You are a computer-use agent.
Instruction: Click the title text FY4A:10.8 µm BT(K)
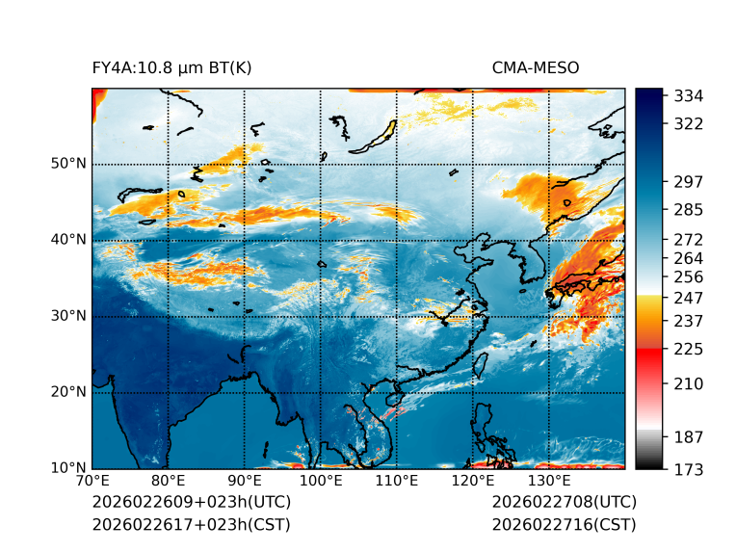point(171,67)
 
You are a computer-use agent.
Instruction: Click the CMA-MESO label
point(535,67)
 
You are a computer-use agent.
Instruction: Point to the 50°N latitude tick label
point(68,164)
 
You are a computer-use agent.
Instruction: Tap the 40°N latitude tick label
point(68,240)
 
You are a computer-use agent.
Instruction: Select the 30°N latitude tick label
point(68,316)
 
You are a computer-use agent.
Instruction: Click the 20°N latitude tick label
point(68,392)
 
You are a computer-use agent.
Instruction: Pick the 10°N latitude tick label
point(68,468)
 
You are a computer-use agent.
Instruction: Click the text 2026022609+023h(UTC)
point(191,503)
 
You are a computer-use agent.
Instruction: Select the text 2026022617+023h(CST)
point(191,525)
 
